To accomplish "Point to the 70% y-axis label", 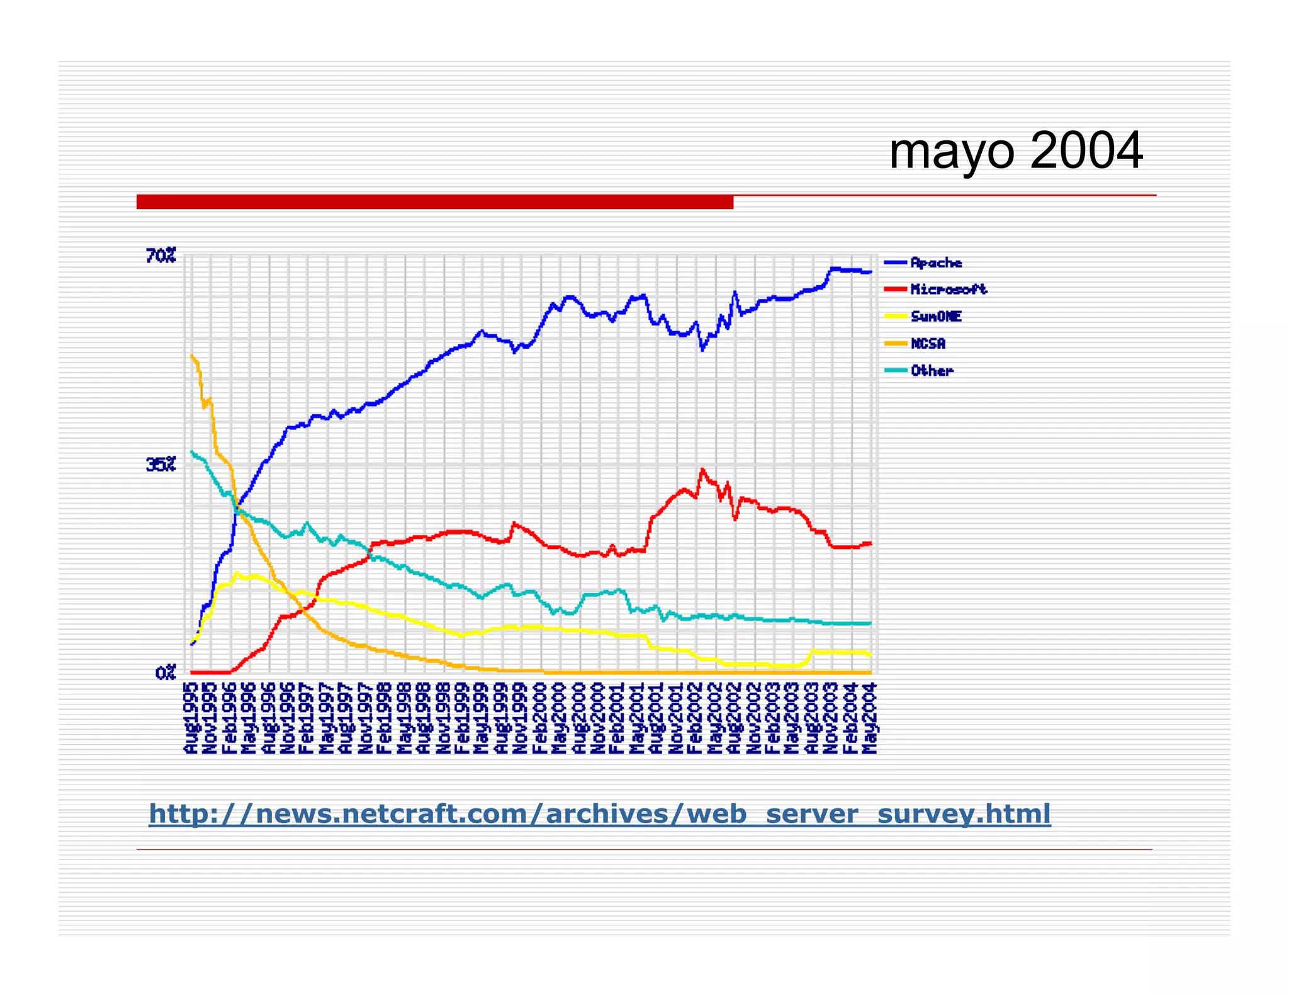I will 160,256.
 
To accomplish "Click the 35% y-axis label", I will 160,465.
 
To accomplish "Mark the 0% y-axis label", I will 165,673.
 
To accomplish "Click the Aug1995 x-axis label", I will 191,718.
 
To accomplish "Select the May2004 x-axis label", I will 870,718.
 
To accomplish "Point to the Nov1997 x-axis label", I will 366,718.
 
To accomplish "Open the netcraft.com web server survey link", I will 599,813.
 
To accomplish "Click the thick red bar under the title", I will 434,201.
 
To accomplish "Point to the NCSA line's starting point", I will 191,356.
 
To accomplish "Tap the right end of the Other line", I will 870,623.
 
